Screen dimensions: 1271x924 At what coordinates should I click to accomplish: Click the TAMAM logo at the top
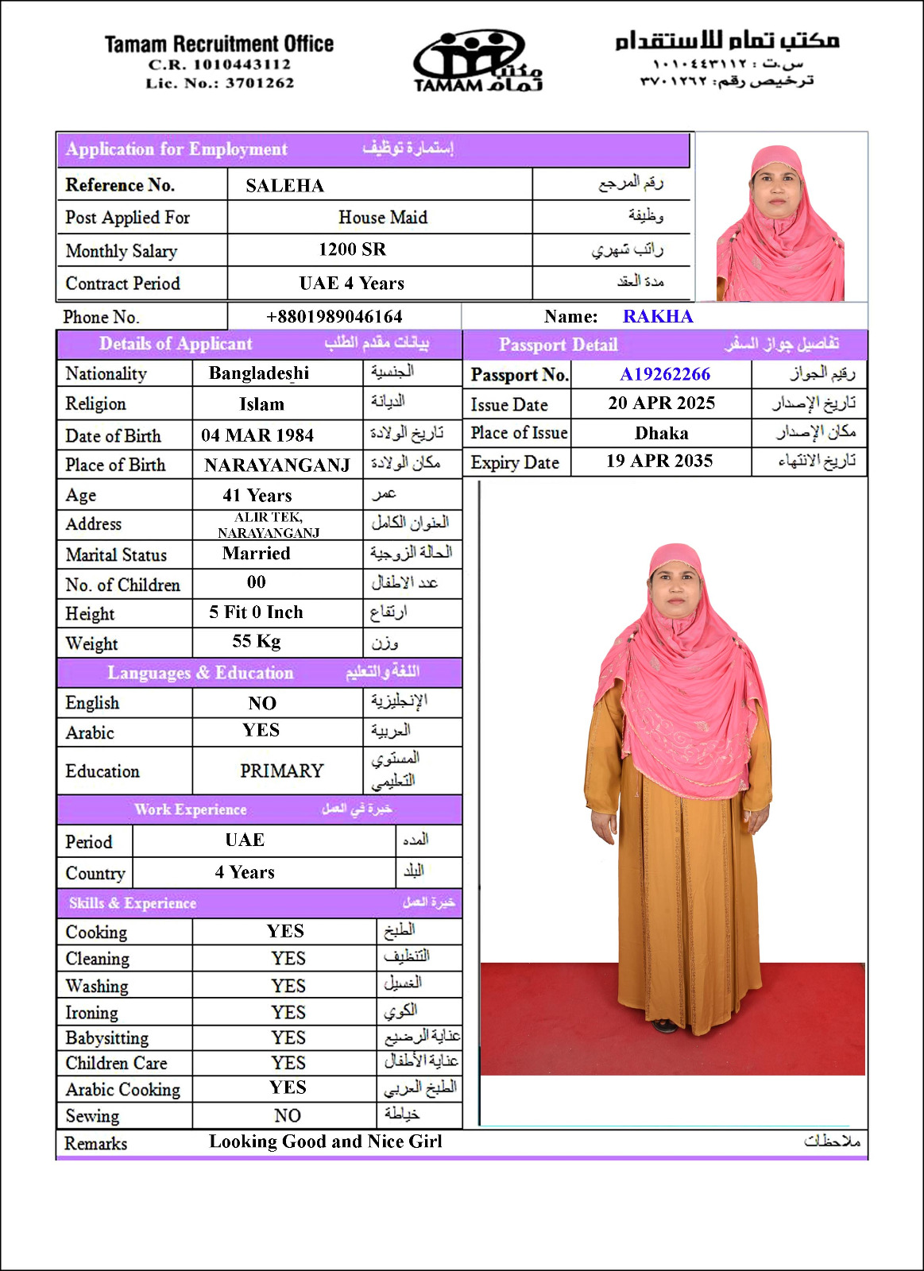pyautogui.click(x=477, y=62)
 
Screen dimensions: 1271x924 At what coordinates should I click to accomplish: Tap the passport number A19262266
pyautogui.click(x=664, y=374)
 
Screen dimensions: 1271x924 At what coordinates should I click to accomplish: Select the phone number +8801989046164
pyautogui.click(x=334, y=316)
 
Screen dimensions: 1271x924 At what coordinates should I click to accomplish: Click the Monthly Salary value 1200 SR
pyautogui.click(x=352, y=249)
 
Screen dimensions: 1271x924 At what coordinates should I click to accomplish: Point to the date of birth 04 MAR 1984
pyautogui.click(x=257, y=435)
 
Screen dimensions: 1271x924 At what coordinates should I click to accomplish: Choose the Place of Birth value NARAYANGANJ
pyautogui.click(x=276, y=466)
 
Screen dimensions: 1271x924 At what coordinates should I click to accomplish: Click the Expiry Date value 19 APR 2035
pyautogui.click(x=659, y=462)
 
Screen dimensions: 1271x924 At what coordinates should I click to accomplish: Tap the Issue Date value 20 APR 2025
pyautogui.click(x=661, y=403)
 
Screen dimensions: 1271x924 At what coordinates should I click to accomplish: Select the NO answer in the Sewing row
pyautogui.click(x=288, y=1115)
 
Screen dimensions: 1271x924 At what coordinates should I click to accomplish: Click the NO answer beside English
pyautogui.click(x=262, y=703)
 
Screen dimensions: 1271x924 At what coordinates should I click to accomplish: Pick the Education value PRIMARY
pyautogui.click(x=281, y=771)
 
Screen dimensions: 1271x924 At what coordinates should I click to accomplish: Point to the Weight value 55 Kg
pyautogui.click(x=257, y=642)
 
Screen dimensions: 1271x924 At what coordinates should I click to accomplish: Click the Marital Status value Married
pyautogui.click(x=256, y=554)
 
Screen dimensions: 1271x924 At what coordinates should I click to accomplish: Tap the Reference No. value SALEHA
pyautogui.click(x=284, y=186)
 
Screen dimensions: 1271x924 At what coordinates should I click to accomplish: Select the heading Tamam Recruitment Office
pyautogui.click(x=219, y=44)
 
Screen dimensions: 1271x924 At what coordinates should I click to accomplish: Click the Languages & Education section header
pyautogui.click(x=200, y=673)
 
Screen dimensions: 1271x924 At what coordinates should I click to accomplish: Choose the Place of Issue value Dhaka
pyautogui.click(x=661, y=433)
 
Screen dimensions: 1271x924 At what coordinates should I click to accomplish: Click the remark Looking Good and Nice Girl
pyautogui.click(x=326, y=1142)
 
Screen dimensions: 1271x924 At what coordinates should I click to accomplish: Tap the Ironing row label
pyautogui.click(x=92, y=1013)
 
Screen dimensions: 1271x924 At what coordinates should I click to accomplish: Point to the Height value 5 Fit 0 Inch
pyautogui.click(x=256, y=612)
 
